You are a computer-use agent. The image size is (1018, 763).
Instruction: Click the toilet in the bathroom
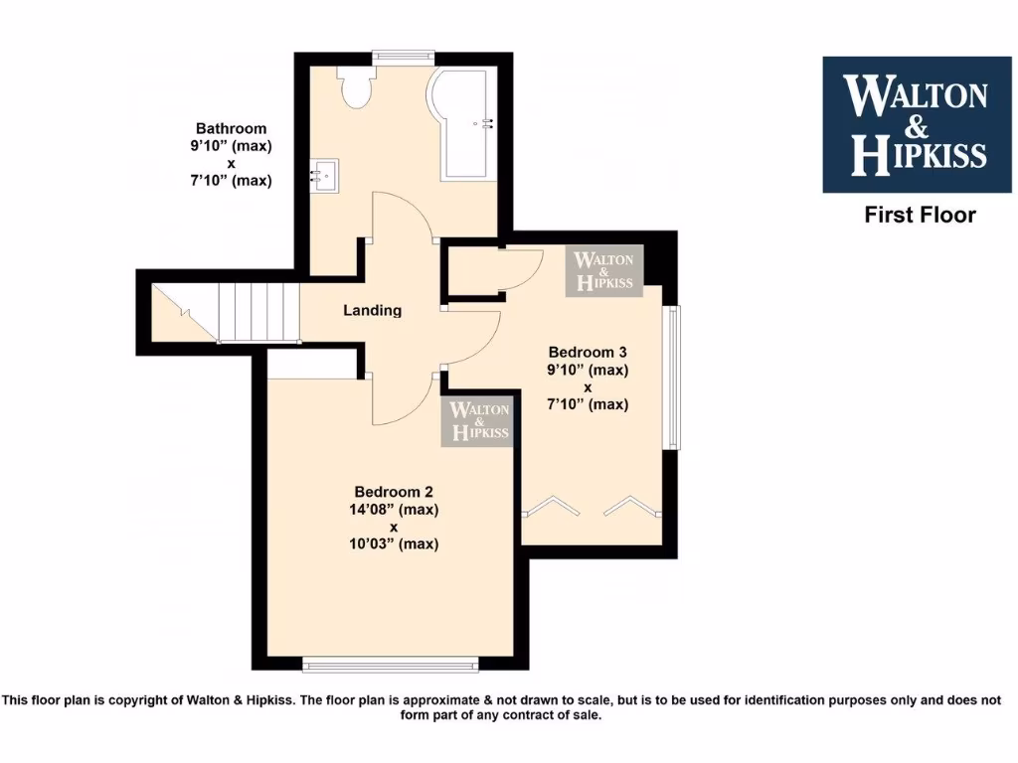[x=355, y=86]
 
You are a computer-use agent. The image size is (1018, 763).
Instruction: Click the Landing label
[x=373, y=310]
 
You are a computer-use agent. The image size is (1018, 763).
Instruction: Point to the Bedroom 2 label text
[x=394, y=492]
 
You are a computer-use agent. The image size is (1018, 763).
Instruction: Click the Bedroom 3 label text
[x=588, y=352]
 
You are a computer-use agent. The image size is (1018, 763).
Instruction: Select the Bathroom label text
[x=231, y=128]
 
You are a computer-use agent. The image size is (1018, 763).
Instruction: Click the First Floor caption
[x=920, y=215]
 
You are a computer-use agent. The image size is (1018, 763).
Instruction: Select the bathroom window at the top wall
[x=403, y=57]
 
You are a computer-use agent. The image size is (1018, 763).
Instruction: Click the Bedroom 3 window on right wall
[x=673, y=377]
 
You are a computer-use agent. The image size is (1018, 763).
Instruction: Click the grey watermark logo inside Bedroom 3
[x=604, y=271]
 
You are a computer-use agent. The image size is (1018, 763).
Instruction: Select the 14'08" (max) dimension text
[x=396, y=510]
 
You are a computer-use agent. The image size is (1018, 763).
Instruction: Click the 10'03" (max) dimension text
[x=396, y=543]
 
